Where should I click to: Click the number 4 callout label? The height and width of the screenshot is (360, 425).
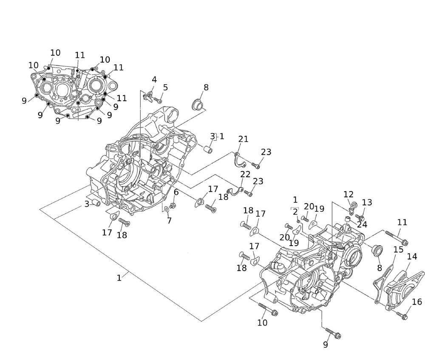(x=154, y=79)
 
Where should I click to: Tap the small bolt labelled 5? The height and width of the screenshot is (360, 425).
(x=158, y=101)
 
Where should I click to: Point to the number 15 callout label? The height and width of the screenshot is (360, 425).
(x=398, y=249)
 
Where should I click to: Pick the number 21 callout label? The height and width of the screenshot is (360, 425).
(x=243, y=139)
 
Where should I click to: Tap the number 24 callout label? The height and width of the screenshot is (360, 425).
(x=362, y=224)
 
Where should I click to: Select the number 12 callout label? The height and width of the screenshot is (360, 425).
(x=348, y=194)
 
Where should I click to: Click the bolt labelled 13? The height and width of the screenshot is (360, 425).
(x=360, y=218)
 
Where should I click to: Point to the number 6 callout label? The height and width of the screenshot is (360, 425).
(x=176, y=192)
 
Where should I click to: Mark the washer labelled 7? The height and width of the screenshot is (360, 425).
(x=166, y=209)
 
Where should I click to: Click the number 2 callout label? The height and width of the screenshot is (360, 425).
(x=295, y=212)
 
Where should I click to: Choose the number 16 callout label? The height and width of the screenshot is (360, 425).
(x=417, y=302)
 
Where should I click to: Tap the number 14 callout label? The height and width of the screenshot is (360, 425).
(x=412, y=256)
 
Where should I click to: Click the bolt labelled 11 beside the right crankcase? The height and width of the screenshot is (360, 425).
(x=397, y=238)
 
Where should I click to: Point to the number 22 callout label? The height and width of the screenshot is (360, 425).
(x=245, y=174)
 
